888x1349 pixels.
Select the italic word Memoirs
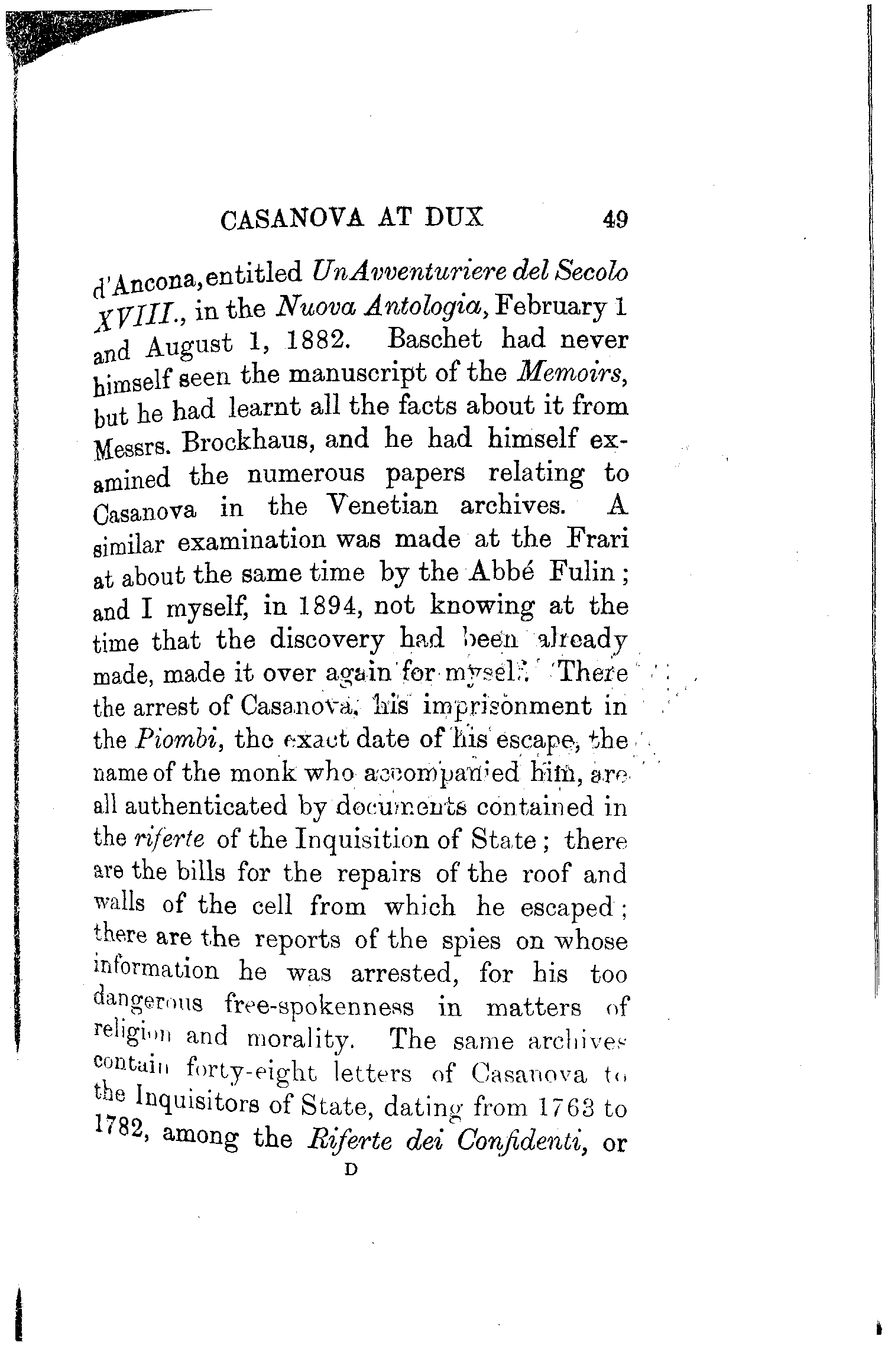click(572, 373)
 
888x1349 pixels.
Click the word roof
click(548, 873)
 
